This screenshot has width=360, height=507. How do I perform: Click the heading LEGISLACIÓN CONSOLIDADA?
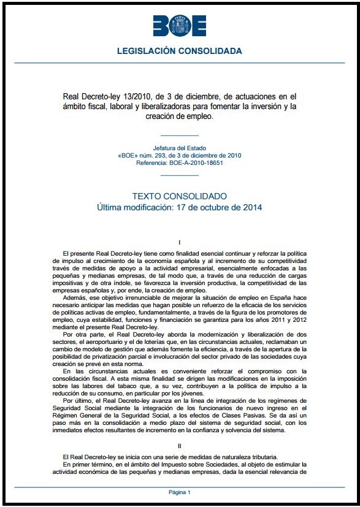pyautogui.click(x=180, y=50)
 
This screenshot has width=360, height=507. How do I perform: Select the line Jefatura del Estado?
pyautogui.click(x=180, y=148)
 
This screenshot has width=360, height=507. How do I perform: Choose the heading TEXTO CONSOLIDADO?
pyautogui.click(x=180, y=196)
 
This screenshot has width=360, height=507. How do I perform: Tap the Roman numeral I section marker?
pyautogui.click(x=180, y=243)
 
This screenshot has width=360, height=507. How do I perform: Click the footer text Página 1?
pyautogui.click(x=180, y=492)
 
